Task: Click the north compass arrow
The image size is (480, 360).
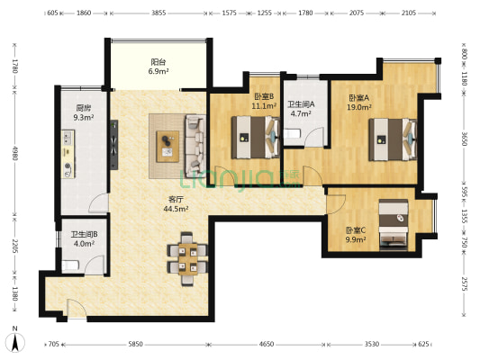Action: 15,343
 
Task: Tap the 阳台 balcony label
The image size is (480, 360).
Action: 158,62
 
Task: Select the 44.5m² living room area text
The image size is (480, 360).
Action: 176,209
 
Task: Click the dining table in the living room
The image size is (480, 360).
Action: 188,259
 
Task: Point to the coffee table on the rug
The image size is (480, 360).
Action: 168,146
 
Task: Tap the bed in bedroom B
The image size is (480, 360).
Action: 256,138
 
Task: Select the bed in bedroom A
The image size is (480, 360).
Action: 393,139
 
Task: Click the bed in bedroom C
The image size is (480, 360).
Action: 394,224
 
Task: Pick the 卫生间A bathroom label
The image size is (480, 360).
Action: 301,104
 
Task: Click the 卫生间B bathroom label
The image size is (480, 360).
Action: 84,234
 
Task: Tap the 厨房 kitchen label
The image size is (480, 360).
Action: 83,108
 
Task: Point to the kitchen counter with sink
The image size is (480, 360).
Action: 68,154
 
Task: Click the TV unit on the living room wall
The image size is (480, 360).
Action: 114,145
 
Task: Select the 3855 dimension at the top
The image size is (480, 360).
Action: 158,13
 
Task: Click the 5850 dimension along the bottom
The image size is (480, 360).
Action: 135,344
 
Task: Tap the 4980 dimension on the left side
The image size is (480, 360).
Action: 14,153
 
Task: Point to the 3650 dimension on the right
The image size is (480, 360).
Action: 464,139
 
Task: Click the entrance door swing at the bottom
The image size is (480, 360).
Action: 77,309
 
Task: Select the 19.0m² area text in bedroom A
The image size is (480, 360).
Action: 359,107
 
